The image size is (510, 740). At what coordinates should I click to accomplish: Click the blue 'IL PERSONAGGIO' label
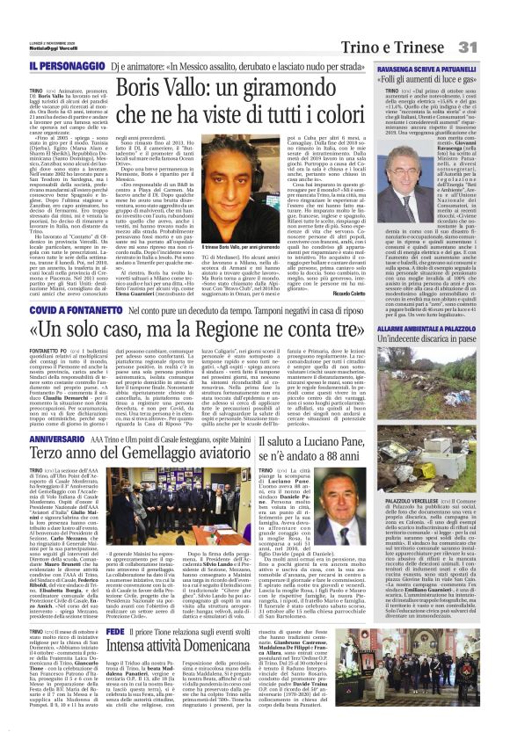[58, 66]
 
